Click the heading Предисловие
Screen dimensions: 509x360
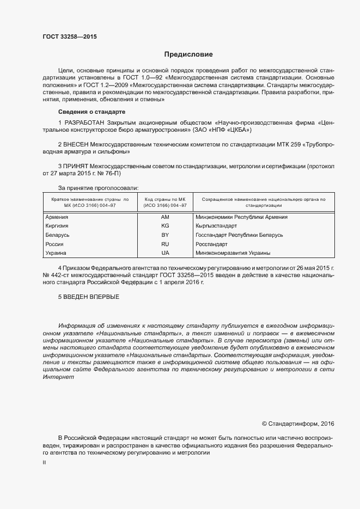(x=188, y=54)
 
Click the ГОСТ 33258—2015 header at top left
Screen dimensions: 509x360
(x=70, y=37)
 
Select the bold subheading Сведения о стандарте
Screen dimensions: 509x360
(x=91, y=112)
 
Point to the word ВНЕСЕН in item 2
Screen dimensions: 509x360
(x=76, y=144)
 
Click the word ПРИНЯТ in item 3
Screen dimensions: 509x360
(x=77, y=165)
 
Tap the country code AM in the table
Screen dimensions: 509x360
(x=166, y=217)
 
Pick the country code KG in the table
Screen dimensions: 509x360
(x=166, y=226)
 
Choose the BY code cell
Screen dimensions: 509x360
(x=166, y=235)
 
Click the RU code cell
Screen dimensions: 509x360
(x=166, y=244)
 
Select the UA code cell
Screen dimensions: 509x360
(x=166, y=253)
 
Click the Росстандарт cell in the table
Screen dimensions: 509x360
(x=212, y=244)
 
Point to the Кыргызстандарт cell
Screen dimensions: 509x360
(x=216, y=226)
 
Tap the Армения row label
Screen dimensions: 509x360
(x=57, y=217)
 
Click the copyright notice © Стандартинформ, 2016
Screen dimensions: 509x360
(x=298, y=424)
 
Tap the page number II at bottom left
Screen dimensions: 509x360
(x=44, y=462)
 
